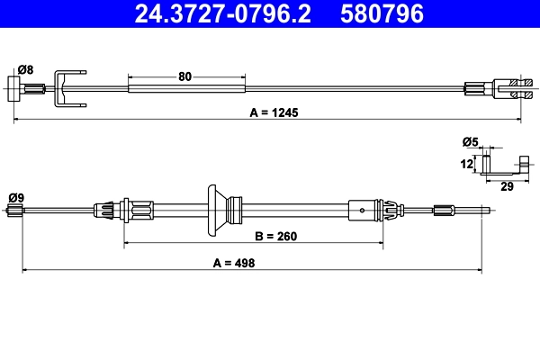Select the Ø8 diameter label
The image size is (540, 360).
coord(25,69)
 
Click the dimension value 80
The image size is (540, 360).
coord(185,76)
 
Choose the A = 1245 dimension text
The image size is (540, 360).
coord(274,113)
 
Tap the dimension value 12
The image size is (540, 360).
coord(466,164)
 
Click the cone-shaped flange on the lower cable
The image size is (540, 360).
coord(216,210)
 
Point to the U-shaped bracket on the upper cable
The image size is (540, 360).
coord(69,86)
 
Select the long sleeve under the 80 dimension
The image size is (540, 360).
coord(186,87)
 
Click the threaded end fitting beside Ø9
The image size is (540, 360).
coord(14,211)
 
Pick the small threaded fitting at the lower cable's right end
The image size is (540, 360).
coord(445,211)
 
